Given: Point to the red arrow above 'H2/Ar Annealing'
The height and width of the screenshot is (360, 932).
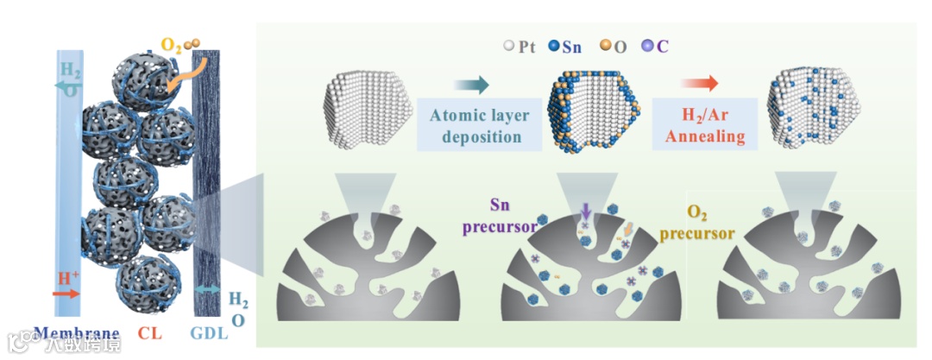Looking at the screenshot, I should pos(699,84).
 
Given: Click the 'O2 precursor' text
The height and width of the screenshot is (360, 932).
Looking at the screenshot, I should pos(710,222).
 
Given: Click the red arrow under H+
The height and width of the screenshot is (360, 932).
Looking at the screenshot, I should pos(68,294).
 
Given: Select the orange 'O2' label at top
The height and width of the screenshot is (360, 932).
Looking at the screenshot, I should pos(169,44).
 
